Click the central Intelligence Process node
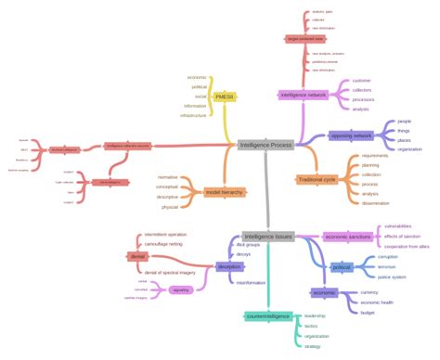(265, 145)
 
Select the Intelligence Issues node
(268, 237)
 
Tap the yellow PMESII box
(224, 96)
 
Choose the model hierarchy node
(226, 191)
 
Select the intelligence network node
(303, 95)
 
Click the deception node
(228, 266)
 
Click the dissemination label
(377, 203)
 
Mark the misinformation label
(251, 282)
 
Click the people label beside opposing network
(404, 122)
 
